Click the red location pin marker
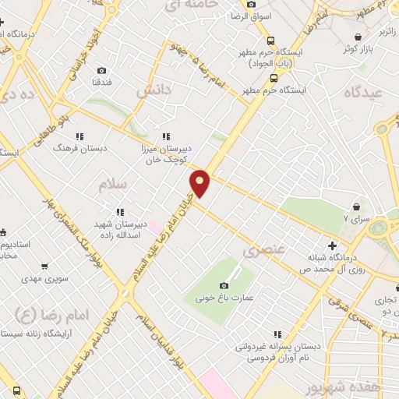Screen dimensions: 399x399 coord(200,183)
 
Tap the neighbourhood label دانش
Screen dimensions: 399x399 coord(154,91)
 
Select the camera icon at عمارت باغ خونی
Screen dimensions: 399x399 coord(224,287)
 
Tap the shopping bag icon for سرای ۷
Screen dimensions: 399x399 coord(357,207)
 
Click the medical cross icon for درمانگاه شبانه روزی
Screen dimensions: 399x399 coord(333,245)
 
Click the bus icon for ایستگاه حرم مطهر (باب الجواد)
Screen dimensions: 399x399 coord(270,41)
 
